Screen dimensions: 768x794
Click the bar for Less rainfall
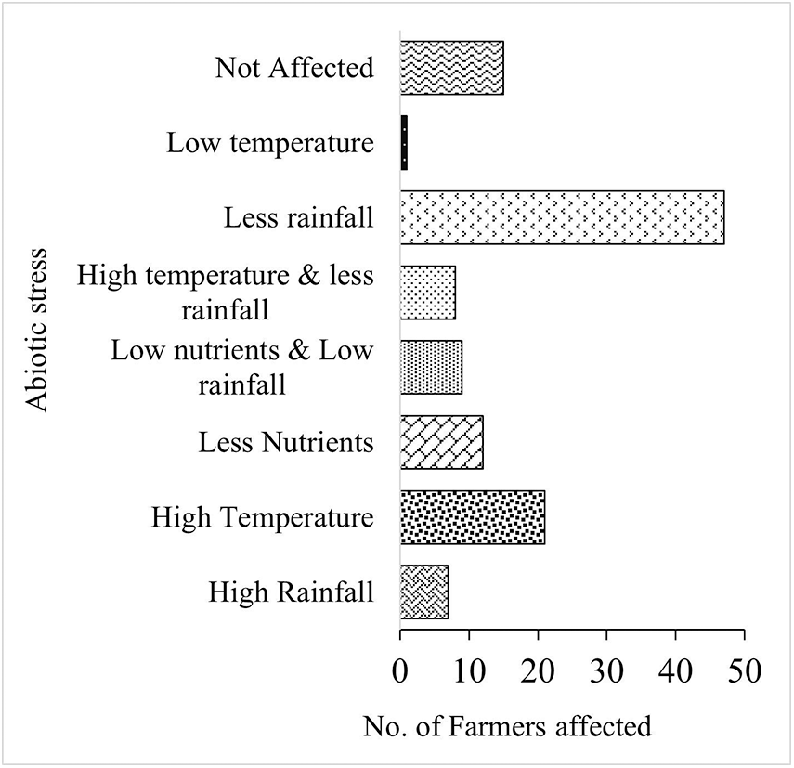click(x=562, y=218)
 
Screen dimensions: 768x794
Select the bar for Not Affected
click(x=451, y=68)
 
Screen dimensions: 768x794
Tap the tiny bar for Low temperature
click(x=404, y=143)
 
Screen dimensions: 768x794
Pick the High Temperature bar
click(x=473, y=517)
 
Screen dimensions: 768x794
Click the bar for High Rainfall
click(x=424, y=592)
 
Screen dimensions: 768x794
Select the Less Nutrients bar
click(x=442, y=442)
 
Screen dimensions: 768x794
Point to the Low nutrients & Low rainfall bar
click(x=431, y=368)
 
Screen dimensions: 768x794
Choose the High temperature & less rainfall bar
click(x=428, y=293)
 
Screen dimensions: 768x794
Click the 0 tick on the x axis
click(x=400, y=669)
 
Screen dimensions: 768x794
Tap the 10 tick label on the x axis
click(x=469, y=669)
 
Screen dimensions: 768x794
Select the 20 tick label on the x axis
click(x=538, y=669)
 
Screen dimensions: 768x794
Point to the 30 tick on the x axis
click(x=606, y=669)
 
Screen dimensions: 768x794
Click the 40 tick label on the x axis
click(x=675, y=669)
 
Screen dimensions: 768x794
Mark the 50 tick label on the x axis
click(x=744, y=669)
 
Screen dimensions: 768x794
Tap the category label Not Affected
click(x=293, y=68)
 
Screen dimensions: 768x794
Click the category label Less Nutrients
click(x=286, y=442)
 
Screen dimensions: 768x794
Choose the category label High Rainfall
click(x=291, y=592)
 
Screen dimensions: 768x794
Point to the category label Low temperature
click(x=270, y=143)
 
